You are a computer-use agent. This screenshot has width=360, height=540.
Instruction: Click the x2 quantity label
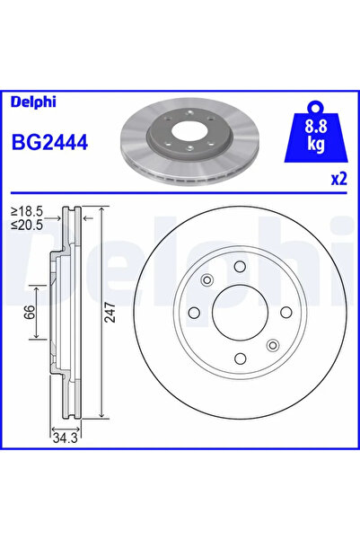pos(338,178)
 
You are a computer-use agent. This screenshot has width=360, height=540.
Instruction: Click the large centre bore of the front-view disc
pos(240,313)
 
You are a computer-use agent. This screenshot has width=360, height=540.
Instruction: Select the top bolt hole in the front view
pos(240,266)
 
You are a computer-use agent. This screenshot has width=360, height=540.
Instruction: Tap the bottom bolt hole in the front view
pos(240,359)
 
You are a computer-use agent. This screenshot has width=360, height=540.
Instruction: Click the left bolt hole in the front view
pos(193,313)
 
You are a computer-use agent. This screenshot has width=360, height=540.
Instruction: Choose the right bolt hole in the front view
pos(286,313)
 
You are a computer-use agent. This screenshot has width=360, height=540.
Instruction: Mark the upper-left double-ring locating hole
pos(206,280)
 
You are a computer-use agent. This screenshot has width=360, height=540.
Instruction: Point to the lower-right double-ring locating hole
pos(273,343)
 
